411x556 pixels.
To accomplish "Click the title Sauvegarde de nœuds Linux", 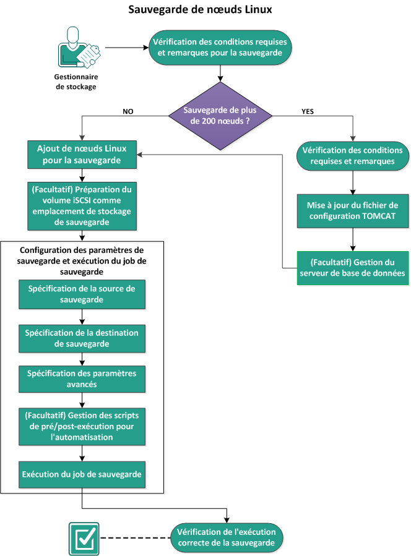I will (x=200, y=11).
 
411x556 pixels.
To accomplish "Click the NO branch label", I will (x=128, y=112).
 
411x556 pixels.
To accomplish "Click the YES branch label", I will (x=308, y=112).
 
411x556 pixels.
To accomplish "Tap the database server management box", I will (x=352, y=267).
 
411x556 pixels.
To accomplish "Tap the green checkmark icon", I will (x=82, y=537).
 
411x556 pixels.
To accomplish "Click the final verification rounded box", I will (x=227, y=537).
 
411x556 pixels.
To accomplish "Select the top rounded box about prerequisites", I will (x=218, y=48).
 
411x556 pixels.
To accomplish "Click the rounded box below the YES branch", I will (x=352, y=155).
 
